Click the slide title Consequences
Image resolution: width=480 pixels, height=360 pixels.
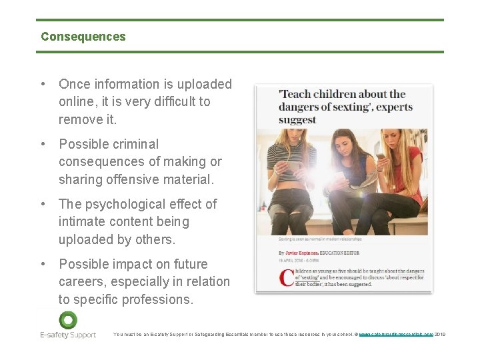[83, 37]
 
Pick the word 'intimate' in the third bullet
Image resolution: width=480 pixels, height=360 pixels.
[80, 221]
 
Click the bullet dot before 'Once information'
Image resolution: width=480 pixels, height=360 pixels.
[43, 84]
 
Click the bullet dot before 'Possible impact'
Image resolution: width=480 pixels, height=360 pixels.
[43, 264]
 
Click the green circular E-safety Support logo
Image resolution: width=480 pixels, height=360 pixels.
[68, 319]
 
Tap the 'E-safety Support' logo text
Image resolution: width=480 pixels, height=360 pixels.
[68, 335]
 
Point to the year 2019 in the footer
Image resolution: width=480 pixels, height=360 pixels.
[439, 334]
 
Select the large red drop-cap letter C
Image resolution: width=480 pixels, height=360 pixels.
[287, 277]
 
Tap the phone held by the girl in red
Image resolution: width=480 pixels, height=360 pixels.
[381, 157]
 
